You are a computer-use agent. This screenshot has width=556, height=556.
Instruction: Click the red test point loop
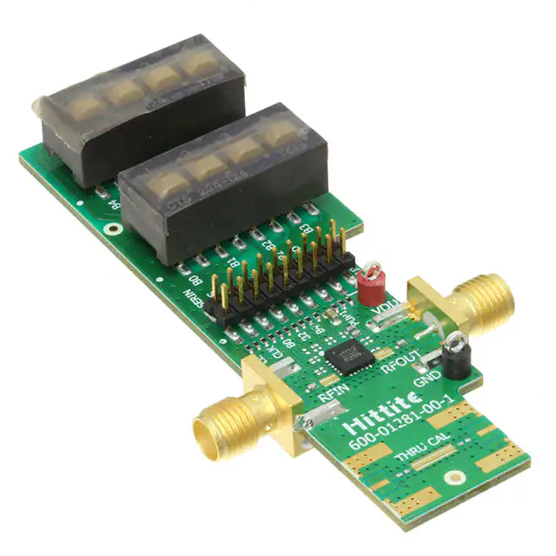point(369,277)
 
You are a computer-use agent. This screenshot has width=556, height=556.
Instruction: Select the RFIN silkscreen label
point(333,396)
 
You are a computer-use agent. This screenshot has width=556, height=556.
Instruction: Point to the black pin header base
point(278,287)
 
